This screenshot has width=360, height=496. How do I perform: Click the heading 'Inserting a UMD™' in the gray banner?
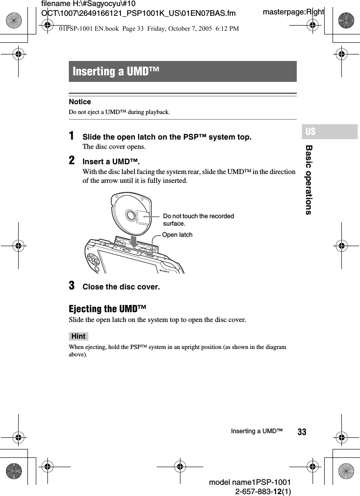(116, 72)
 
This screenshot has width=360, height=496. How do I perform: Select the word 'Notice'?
(80, 102)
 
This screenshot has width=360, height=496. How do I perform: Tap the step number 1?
(72, 136)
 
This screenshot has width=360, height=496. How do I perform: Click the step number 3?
(72, 286)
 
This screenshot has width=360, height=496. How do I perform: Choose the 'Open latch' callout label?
(177, 235)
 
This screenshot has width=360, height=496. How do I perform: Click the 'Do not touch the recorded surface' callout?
(199, 220)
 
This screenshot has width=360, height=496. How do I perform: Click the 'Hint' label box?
(79, 336)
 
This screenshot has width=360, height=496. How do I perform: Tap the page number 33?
(302, 432)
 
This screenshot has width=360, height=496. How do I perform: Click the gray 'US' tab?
(311, 132)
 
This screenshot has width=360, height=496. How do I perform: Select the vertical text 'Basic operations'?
(308, 180)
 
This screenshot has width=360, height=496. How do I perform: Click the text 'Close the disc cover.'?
(121, 287)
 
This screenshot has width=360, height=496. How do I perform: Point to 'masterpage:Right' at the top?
(293, 12)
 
